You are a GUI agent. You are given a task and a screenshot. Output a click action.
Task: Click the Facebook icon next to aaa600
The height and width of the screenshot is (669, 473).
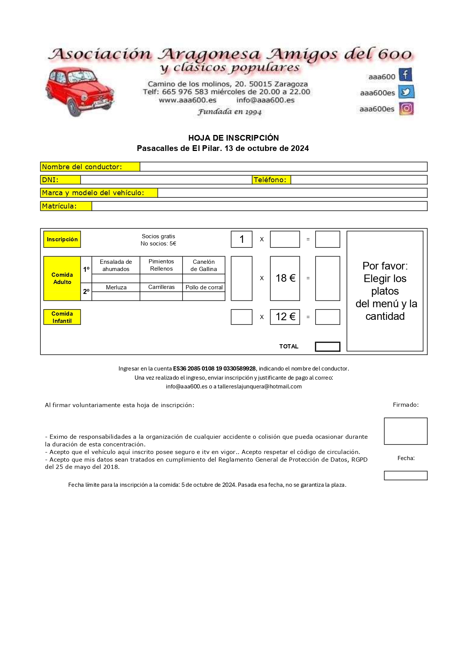point(406,75)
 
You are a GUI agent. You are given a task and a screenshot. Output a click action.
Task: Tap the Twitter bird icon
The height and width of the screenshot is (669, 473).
point(406,92)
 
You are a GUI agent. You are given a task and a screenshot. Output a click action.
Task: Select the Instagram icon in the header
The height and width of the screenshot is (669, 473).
point(406,109)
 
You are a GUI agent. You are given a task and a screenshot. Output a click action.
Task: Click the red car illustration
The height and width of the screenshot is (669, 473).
point(79,91)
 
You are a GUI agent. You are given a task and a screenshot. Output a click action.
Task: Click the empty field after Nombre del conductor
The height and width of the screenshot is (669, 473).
point(283,167)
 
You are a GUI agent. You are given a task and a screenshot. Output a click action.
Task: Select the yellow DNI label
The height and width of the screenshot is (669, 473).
point(61,180)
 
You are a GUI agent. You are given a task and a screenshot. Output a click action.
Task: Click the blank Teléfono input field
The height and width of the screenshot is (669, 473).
point(359,180)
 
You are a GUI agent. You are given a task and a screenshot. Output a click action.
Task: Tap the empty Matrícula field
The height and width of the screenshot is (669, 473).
point(259,206)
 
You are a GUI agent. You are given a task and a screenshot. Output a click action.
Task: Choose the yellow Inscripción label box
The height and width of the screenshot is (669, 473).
point(62,239)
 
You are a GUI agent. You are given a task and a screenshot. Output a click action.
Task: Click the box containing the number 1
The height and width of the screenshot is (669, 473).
point(242,239)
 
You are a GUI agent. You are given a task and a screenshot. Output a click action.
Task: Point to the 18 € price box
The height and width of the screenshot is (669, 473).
point(285,278)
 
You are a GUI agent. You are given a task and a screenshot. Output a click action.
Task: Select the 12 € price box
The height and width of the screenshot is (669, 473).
point(285,317)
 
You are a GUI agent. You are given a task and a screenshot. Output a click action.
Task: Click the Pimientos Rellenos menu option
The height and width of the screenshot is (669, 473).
point(161,265)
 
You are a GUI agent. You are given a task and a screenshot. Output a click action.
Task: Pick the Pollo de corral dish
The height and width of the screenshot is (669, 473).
point(204,287)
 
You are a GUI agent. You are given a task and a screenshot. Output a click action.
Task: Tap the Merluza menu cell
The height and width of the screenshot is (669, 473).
point(116,287)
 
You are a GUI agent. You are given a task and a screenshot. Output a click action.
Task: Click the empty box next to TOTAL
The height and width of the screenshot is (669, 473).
point(327,347)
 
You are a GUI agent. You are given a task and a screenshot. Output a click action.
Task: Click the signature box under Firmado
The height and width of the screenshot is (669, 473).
point(406,431)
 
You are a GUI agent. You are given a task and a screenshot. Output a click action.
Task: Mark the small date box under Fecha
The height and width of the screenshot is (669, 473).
point(406,475)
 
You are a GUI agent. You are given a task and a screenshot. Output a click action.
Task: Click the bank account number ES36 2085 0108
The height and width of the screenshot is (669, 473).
point(214,369)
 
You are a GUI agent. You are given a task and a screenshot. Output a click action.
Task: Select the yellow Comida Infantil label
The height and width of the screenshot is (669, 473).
point(62,317)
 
